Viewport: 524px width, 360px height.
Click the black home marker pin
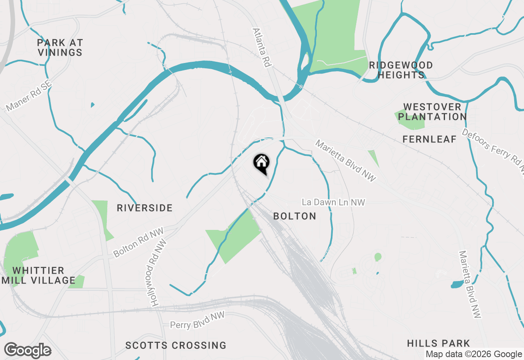pos(261,163)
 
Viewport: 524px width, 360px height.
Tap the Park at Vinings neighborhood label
pos(60,47)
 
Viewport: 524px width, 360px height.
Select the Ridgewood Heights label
pos(401,70)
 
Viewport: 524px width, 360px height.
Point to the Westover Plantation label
pos(432,112)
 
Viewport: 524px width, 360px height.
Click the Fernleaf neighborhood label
pos(429,139)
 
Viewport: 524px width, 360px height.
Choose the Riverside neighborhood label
pos(145,208)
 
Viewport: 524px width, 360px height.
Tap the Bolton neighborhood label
pos(294,216)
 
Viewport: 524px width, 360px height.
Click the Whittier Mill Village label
pos(38,275)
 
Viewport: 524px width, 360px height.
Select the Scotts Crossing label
pos(176,345)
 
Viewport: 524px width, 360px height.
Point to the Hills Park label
pos(438,343)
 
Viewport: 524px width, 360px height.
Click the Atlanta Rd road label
pos(262,47)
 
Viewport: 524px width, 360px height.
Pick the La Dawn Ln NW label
pos(333,202)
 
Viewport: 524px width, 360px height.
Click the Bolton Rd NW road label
pos(138,242)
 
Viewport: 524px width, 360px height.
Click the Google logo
pos(27,351)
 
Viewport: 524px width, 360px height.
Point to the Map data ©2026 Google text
pos(474,354)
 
